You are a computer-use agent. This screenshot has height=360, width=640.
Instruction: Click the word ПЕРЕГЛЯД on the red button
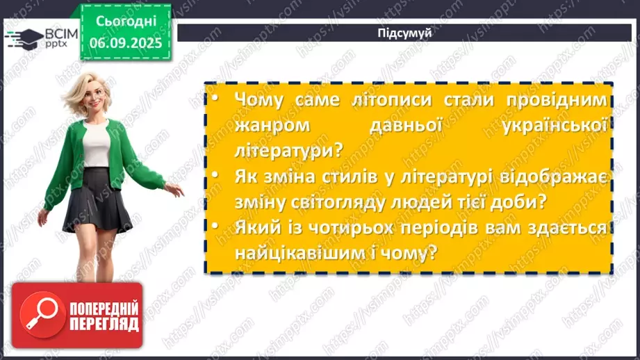click(x=104, y=325)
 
